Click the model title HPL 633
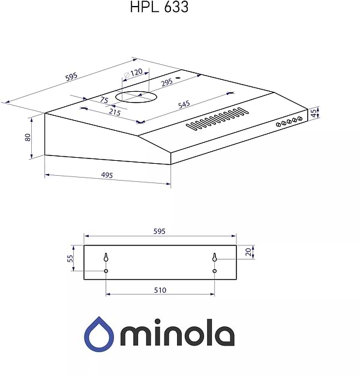click(x=158, y=7)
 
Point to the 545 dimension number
click(x=184, y=104)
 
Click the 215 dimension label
click(x=115, y=112)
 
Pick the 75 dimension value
click(x=104, y=100)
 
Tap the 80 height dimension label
click(x=28, y=137)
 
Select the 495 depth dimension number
click(x=107, y=175)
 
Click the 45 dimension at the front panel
click(x=313, y=112)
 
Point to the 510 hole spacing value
click(x=160, y=290)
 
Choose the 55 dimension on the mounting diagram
click(x=70, y=259)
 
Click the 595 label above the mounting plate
click(x=160, y=231)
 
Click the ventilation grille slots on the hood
click(x=217, y=119)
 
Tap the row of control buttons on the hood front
click(x=288, y=122)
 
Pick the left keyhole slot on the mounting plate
click(x=106, y=257)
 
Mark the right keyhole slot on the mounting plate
click(x=214, y=257)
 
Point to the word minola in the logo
click(x=177, y=335)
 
